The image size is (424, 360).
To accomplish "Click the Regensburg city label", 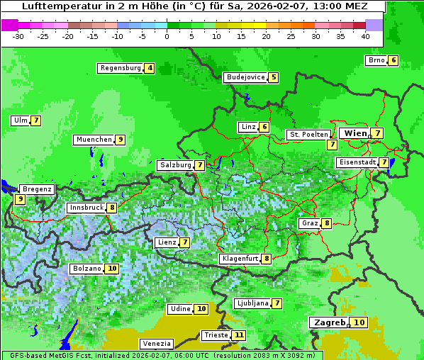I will coord(120,68).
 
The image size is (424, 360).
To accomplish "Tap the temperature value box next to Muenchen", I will coord(121,140).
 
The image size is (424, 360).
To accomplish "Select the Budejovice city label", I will coord(245,77).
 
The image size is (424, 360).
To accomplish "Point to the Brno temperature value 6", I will coord(393,60).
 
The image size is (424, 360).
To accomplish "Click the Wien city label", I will coord(355,133).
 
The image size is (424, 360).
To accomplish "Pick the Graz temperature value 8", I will coord(326,223).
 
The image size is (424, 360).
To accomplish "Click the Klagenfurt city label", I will coord(240,259).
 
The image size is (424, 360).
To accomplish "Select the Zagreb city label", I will coord(329,322).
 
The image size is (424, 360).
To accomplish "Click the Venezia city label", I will coord(156,343).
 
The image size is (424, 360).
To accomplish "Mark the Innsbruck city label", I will coord(86,208).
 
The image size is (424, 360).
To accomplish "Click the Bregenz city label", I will coord(37,189).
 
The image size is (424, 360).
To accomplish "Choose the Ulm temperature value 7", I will coord(35,120).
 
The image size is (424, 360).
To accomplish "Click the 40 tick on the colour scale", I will coord(365,35).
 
